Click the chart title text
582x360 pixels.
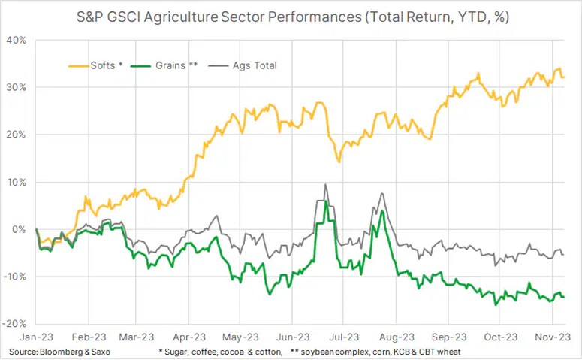point(291,16)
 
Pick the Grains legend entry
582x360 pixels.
point(172,65)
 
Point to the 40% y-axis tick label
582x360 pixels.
point(17,40)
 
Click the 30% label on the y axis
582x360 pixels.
point(17,87)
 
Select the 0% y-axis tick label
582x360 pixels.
point(20,229)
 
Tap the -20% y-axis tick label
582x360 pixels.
point(16,324)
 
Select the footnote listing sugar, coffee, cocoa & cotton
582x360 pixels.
point(221,352)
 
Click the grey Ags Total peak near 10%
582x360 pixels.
point(325,185)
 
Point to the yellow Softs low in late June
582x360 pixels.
point(339,161)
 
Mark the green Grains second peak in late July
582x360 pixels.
point(382,212)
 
